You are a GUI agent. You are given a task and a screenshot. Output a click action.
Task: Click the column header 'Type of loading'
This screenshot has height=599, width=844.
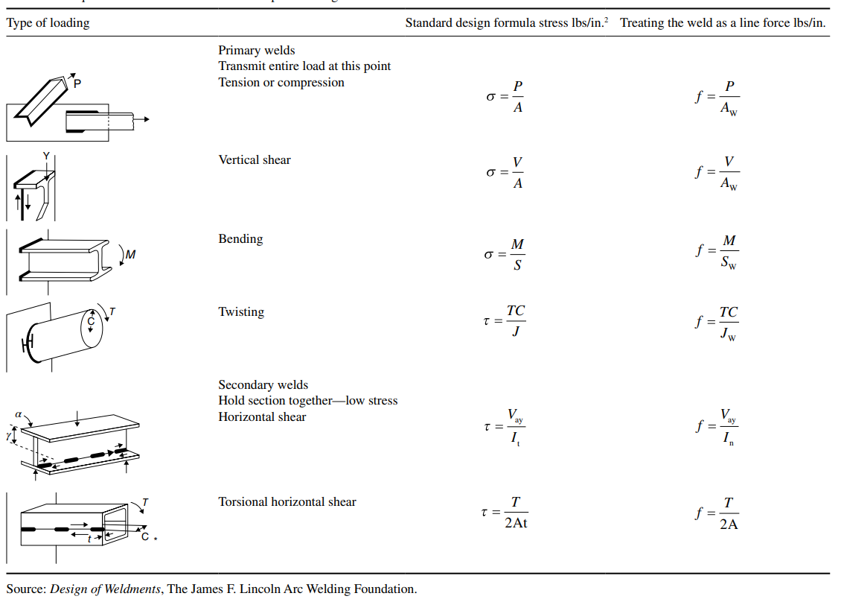tap(48, 23)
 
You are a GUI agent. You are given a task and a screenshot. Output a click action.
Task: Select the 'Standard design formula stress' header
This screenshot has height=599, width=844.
tap(506, 23)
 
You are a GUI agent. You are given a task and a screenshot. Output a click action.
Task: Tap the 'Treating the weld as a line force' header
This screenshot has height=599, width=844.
tap(723, 23)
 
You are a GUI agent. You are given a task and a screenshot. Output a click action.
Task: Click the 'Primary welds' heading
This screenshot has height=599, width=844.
tap(257, 51)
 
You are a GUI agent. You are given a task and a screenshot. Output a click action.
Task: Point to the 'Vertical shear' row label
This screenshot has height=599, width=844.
tap(255, 160)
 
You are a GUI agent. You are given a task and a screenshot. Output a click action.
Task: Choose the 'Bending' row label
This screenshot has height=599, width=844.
tap(240, 239)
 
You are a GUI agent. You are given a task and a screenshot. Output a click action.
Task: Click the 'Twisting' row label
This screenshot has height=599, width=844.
tap(241, 312)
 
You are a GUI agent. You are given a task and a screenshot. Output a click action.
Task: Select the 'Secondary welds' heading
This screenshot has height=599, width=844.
tap(263, 385)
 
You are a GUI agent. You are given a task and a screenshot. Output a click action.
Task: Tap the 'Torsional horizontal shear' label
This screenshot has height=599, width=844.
tap(287, 502)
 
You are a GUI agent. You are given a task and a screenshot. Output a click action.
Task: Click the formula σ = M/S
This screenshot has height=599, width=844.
tap(505, 254)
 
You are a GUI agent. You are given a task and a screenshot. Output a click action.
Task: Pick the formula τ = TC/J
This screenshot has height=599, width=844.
tap(505, 321)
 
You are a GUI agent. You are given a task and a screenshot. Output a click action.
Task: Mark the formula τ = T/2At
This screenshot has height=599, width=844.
tap(505, 513)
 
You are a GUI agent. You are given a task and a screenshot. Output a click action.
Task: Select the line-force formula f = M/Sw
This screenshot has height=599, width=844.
tap(717, 253)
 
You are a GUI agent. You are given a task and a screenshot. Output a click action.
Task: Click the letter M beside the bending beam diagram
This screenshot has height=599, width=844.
tap(130, 255)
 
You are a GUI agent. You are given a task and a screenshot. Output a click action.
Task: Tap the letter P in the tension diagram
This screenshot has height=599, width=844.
tap(78, 83)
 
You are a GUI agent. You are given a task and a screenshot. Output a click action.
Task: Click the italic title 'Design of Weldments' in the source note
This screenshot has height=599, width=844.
tap(106, 589)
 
